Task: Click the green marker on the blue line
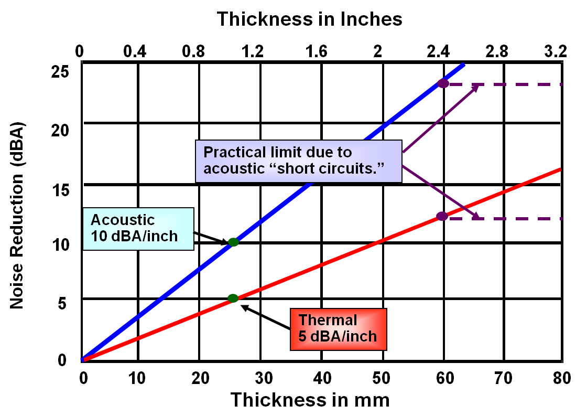[x=233, y=242]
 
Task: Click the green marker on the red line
[x=233, y=298]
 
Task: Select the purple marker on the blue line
[x=443, y=83]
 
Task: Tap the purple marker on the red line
[x=442, y=216]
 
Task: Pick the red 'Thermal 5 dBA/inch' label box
[x=338, y=329]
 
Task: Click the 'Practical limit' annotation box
[x=299, y=161]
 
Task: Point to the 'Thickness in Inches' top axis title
[x=310, y=19]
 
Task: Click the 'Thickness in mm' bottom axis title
[x=310, y=400]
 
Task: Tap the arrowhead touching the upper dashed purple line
[x=476, y=86]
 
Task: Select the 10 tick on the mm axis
[x=137, y=378]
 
